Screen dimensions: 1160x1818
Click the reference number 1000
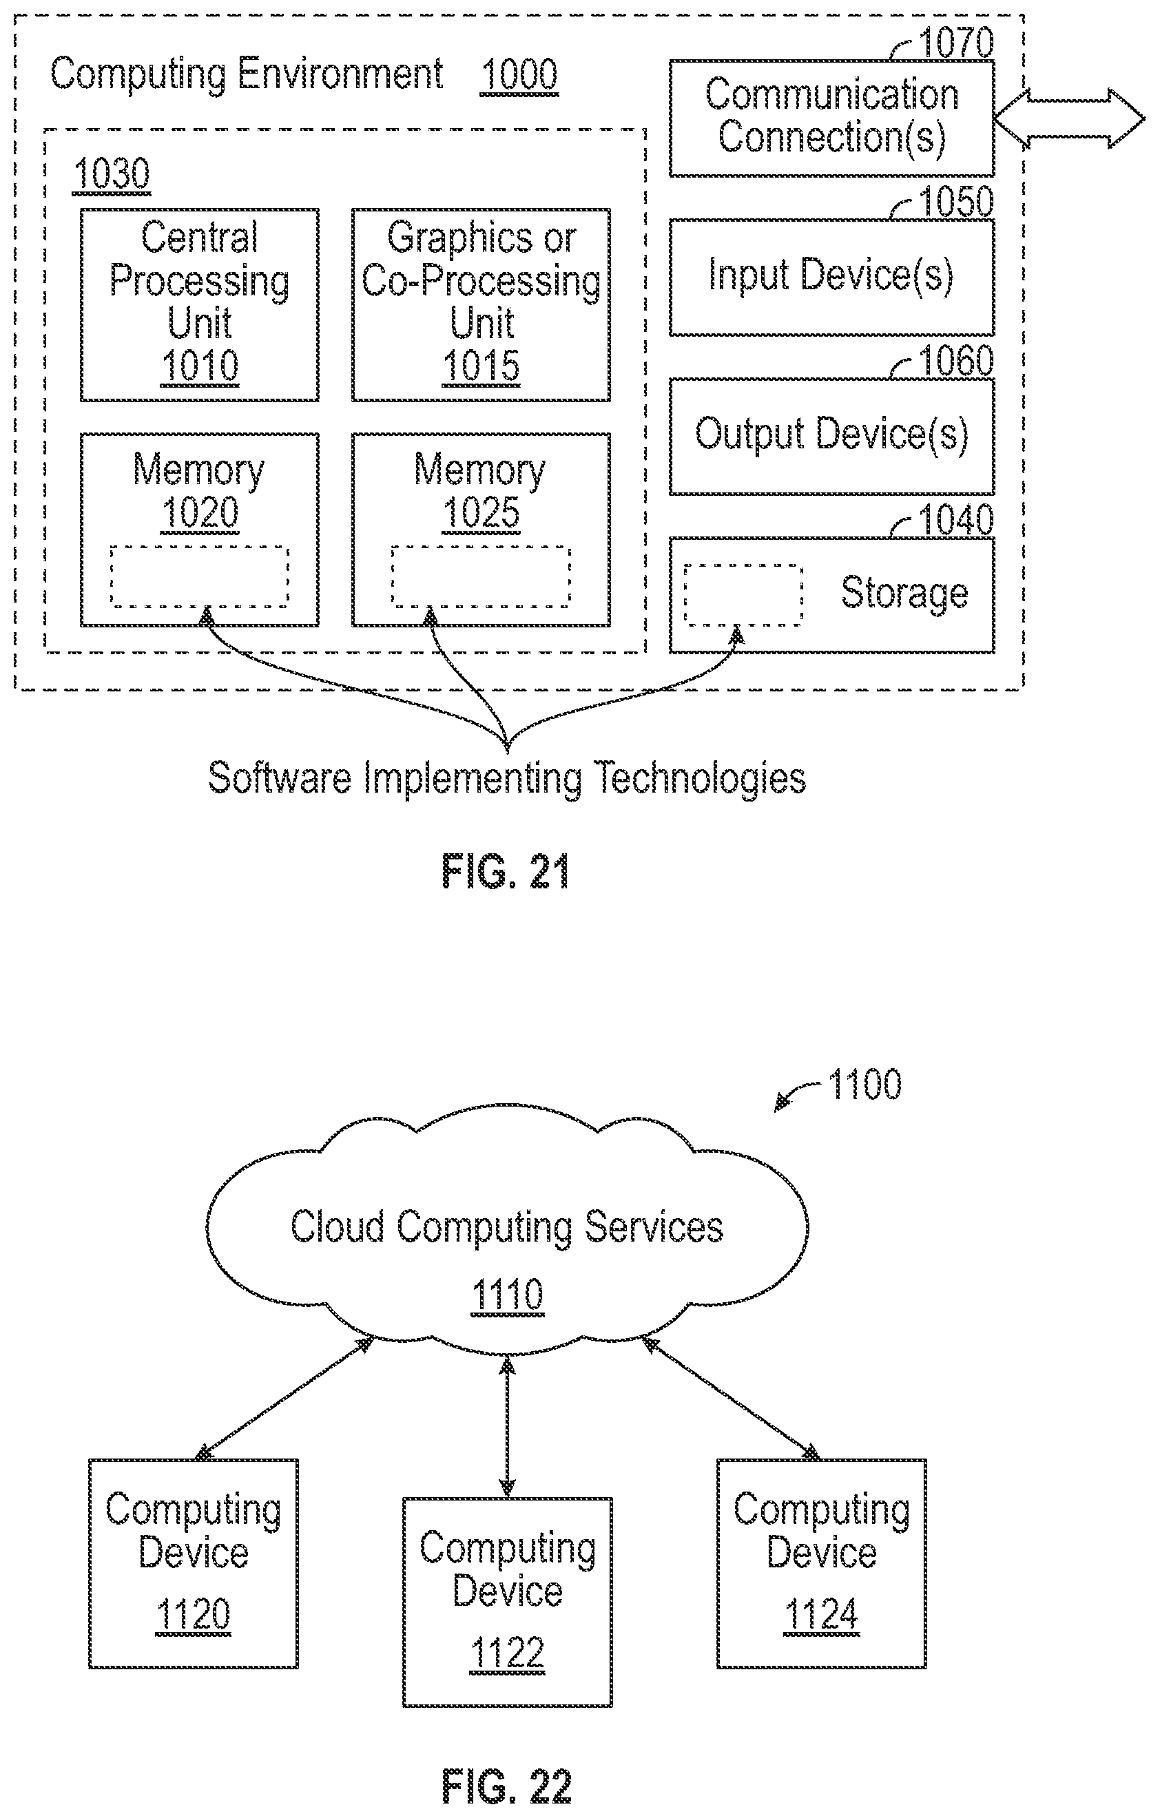519,75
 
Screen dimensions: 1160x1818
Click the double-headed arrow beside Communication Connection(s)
1069,118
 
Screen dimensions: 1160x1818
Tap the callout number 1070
955,42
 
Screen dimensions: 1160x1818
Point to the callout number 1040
955,519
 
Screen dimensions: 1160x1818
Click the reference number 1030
112,174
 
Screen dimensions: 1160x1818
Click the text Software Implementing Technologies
507,777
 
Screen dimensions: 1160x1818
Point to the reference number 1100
864,1084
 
